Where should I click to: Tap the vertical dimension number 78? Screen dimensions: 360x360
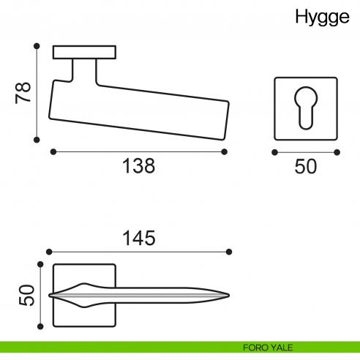pyautogui.click(x=23, y=92)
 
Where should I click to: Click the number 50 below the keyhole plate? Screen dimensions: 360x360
pyautogui.click(x=305, y=167)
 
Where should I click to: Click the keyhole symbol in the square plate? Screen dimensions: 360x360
pyautogui.click(x=305, y=106)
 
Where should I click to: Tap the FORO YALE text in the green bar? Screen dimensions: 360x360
pyautogui.click(x=270, y=347)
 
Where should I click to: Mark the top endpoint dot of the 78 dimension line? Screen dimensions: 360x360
pyautogui.click(x=35, y=45)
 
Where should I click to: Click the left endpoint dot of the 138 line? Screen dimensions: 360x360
pyautogui.click(x=53, y=151)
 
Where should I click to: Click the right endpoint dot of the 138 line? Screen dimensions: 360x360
pyautogui.click(x=223, y=151)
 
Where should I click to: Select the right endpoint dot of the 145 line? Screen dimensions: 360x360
pyautogui.click(x=230, y=252)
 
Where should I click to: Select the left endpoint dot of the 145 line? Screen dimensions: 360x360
pyautogui.click(x=48, y=252)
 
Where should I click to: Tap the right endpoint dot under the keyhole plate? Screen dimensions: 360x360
pyautogui.click(x=337, y=152)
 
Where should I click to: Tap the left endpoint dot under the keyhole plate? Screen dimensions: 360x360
pyautogui.click(x=274, y=152)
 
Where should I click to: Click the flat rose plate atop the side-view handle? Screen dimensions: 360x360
pyautogui.click(x=85, y=53)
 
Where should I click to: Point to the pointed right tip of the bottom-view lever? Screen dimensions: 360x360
pyautogui.click(x=230, y=296)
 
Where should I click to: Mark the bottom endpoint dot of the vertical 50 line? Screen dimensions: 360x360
pyautogui.click(x=39, y=327)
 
